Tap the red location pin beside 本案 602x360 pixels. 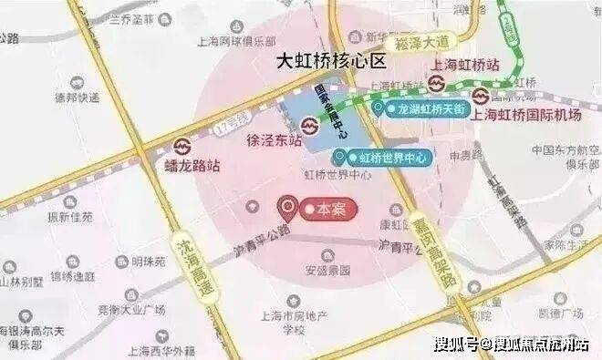290,209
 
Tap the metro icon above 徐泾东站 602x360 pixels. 309,122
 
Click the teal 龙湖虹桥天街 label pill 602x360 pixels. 419,108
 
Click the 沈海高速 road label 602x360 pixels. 184,259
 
